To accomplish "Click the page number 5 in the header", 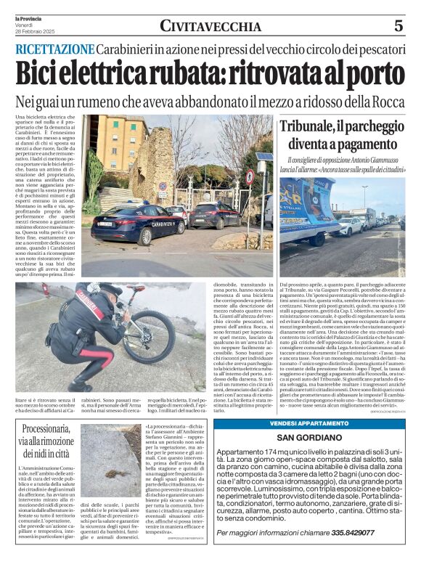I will pos(398,26).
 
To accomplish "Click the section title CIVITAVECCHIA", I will pos(210,27).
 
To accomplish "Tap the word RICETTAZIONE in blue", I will pos(55,49).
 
